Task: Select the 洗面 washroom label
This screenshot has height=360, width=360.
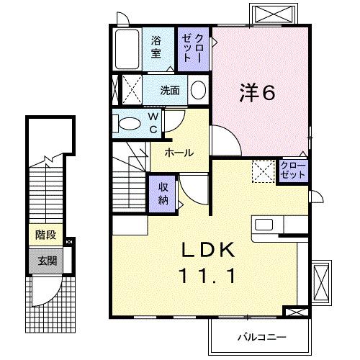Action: pyautogui.click(x=171, y=91)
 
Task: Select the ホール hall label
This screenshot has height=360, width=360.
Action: pyautogui.click(x=178, y=153)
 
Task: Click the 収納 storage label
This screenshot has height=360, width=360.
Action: pyautogui.click(x=163, y=193)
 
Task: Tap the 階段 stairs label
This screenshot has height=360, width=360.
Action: pyautogui.click(x=46, y=235)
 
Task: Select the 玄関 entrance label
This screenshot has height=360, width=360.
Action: pyautogui.click(x=46, y=260)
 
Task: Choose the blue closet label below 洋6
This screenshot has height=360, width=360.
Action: pyautogui.click(x=293, y=171)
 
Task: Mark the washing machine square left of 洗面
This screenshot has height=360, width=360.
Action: pyautogui.click(x=130, y=91)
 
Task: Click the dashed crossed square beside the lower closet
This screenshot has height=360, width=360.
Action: pyautogui.click(x=261, y=171)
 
